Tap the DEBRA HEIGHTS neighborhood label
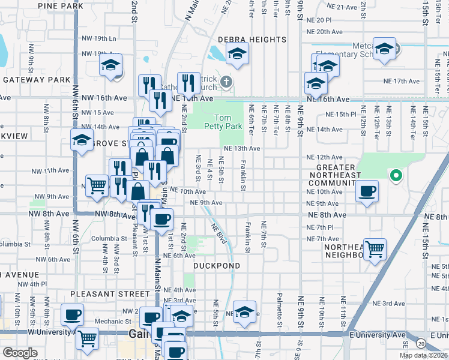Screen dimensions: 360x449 252,40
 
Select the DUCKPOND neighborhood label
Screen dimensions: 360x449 217,266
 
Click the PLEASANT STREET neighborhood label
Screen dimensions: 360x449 110,294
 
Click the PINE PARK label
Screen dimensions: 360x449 61,6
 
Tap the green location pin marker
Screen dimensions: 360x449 396,176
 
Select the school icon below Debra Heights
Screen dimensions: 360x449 238,55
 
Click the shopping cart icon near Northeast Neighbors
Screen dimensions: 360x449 375,248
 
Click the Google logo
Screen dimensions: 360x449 20,353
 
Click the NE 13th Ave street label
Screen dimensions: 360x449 242,148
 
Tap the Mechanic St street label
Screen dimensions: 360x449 109,322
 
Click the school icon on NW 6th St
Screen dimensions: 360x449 82,141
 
